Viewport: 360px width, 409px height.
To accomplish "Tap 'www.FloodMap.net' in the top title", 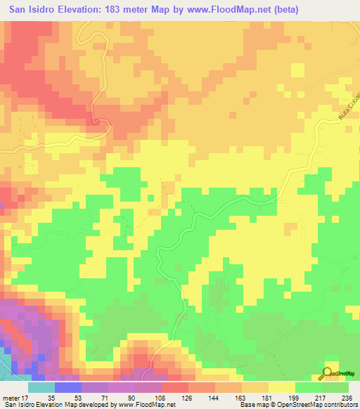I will tap(229, 10).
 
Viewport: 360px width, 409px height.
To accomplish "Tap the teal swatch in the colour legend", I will tap(41, 388).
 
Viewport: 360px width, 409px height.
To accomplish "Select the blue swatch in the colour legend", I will tap(67, 388).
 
